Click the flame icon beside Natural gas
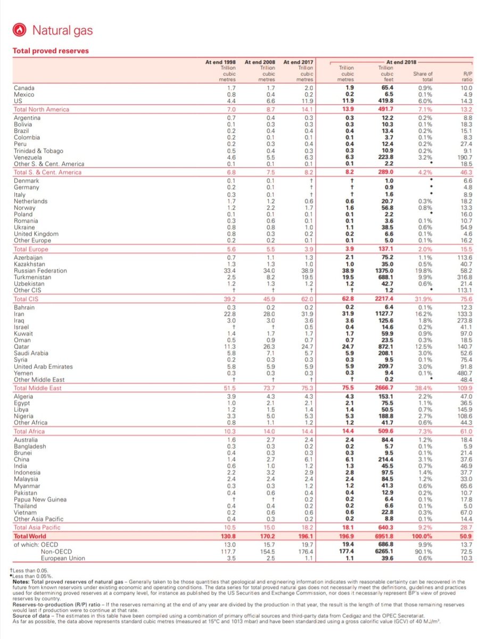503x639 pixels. coord(21,30)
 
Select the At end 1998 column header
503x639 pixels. coord(220,62)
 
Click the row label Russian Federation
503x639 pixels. coord(40,271)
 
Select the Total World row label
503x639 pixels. coord(30,536)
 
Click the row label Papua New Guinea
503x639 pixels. coord(40,499)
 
